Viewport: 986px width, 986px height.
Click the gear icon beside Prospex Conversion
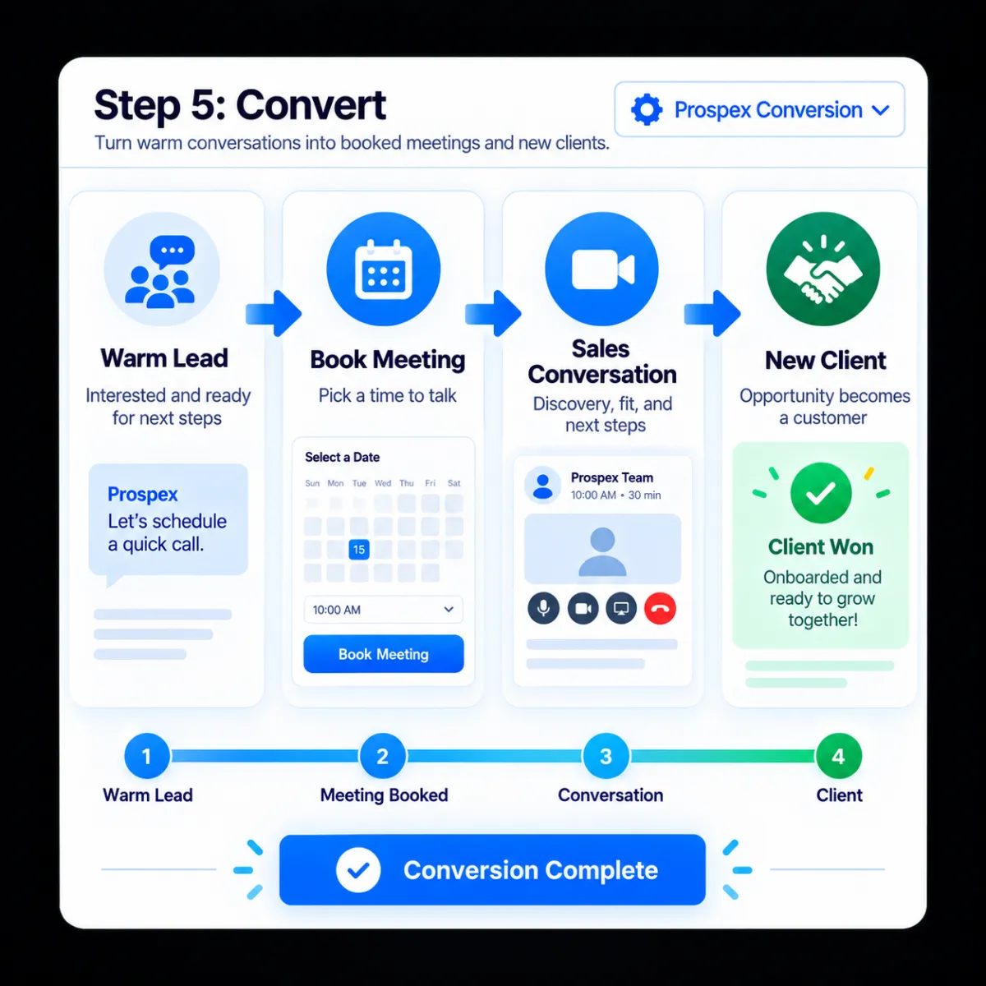(x=647, y=109)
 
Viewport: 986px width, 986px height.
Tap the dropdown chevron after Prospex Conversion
(x=880, y=110)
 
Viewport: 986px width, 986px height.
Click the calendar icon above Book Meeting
(x=383, y=270)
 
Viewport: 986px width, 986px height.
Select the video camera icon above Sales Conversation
(x=602, y=270)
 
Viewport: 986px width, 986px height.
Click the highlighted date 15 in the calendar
(x=359, y=550)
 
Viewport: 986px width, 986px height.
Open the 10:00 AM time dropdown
(x=383, y=610)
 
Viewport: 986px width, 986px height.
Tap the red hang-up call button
(x=660, y=608)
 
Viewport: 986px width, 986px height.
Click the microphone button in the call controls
(x=543, y=608)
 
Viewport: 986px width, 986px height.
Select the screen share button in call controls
(x=621, y=608)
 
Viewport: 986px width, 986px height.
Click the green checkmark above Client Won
(x=821, y=493)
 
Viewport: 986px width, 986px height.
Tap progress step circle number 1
(x=147, y=756)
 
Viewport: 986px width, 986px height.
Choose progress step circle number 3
(x=606, y=756)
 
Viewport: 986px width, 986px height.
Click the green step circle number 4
(x=839, y=756)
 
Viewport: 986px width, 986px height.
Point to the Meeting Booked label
(x=384, y=795)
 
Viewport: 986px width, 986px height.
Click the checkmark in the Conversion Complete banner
(x=358, y=870)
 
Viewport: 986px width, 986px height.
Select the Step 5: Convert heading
(x=240, y=105)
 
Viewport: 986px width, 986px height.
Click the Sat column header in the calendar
(x=454, y=483)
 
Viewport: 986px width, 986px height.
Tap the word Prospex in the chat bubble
(x=142, y=495)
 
